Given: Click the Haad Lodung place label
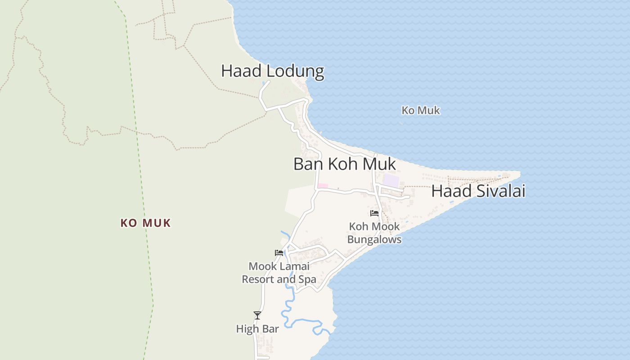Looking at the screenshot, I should pos(272,71).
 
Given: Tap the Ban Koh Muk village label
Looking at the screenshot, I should pos(345,164).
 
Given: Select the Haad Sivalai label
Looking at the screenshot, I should pos(478,191).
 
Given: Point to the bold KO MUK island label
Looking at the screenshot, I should pos(146,223).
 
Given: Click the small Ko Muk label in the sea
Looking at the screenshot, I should pos(421,110).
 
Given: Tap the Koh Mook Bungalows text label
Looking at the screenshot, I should pos(374,233).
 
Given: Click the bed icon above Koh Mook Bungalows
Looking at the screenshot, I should pos(374,213).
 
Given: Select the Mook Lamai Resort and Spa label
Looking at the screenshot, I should pos(279,273).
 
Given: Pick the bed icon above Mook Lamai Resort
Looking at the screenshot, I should pos(279,253).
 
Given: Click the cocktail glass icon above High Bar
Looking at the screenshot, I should pos(257,315).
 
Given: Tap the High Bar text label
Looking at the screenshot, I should pos(257,329).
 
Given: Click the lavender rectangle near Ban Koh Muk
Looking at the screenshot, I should pos(391,181).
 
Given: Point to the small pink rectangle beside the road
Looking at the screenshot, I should pos(323,186).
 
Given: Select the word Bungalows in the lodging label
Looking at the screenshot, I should pos(374,239).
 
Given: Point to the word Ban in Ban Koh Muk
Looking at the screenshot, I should pos(309,164).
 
